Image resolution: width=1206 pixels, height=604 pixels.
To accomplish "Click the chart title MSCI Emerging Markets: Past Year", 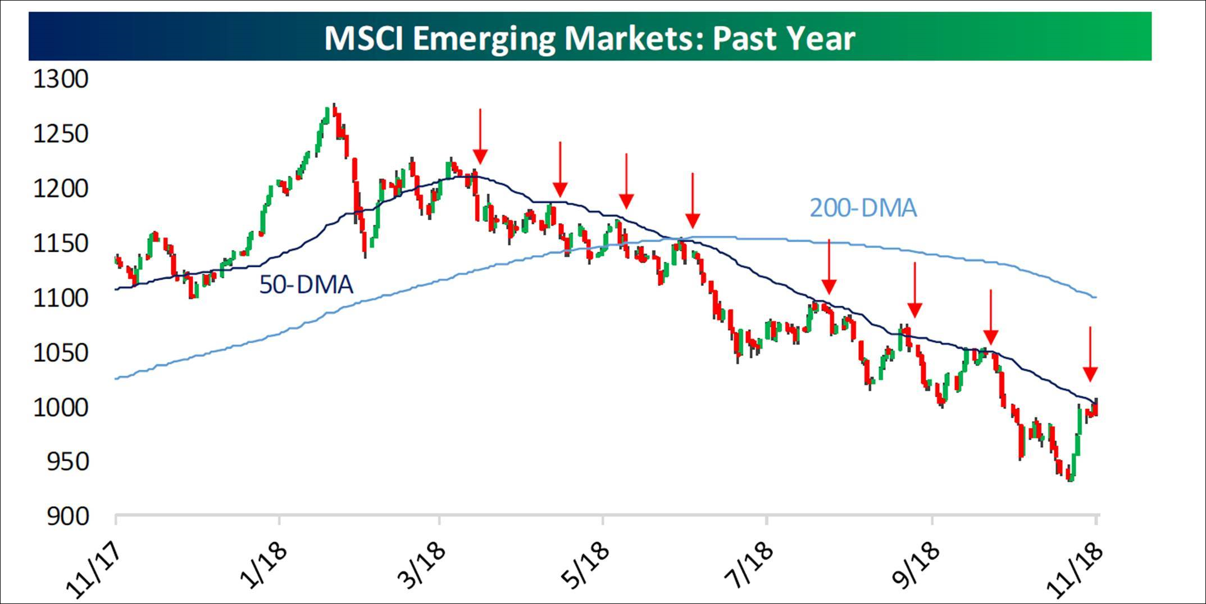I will (x=589, y=38).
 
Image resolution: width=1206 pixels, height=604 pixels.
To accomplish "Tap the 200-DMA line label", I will (x=863, y=208).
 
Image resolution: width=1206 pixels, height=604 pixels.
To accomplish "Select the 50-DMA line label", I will (x=306, y=285).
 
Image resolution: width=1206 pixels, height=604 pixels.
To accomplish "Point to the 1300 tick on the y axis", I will (x=61, y=79).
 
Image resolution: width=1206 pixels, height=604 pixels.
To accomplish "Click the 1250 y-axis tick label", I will (x=61, y=134).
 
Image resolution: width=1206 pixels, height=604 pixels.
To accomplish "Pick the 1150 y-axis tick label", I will (x=61, y=244).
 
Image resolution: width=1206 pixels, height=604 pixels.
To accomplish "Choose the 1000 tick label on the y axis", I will (x=61, y=408).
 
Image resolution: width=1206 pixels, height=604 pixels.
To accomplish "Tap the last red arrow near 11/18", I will (x=1090, y=354).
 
